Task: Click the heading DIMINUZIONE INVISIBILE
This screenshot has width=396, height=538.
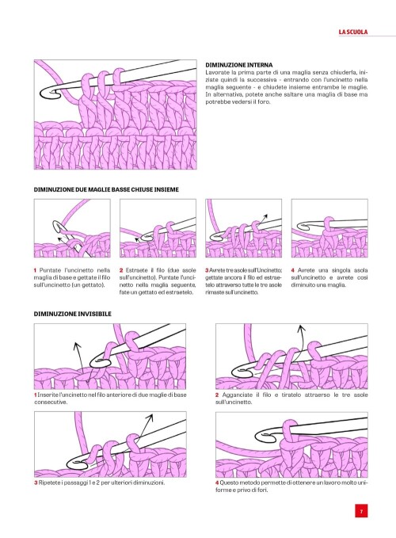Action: pyautogui.click(x=72, y=314)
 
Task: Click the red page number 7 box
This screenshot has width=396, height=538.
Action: pyautogui.click(x=360, y=511)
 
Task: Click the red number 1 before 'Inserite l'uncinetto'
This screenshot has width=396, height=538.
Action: pyautogui.click(x=36, y=395)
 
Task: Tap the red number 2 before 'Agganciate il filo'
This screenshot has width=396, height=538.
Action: pyautogui.click(x=217, y=395)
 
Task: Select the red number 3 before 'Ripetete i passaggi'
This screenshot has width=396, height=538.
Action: pyautogui.click(x=36, y=483)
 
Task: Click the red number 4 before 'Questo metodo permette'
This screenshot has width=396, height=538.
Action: pyautogui.click(x=217, y=483)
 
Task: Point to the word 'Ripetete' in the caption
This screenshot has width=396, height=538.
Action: pyautogui.click(x=52, y=483)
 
